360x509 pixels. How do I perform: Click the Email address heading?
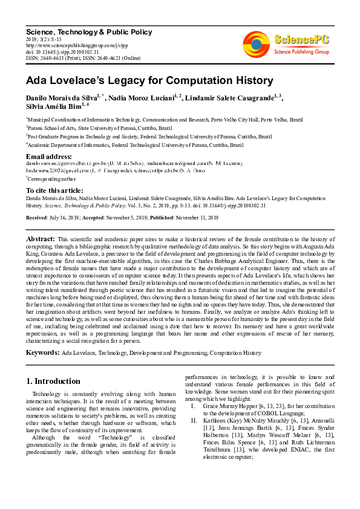click(x=48, y=157)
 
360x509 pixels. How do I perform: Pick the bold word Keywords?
click(x=42, y=352)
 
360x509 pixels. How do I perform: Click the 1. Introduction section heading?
click(x=54, y=381)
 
